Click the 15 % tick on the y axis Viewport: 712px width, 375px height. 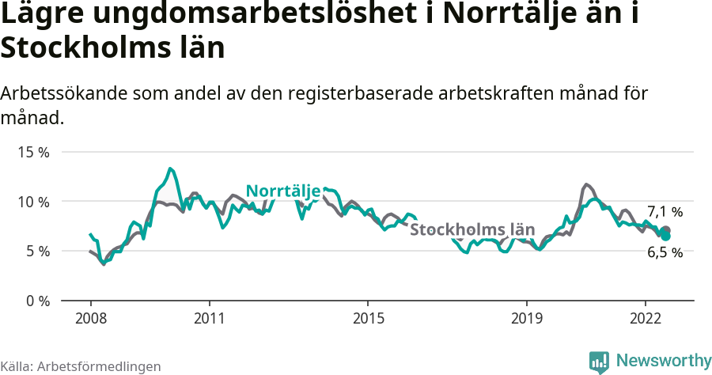coord(33,152)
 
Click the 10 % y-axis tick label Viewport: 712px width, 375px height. coord(33,202)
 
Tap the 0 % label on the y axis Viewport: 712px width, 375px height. coord(36,301)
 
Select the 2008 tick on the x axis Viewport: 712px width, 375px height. coord(90,318)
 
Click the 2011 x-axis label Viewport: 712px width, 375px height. coord(209,318)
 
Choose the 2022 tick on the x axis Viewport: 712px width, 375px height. coord(646,318)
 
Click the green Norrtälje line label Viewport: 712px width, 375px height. coord(283,191)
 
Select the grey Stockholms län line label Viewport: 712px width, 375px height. coord(472,230)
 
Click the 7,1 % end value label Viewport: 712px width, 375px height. coord(665,212)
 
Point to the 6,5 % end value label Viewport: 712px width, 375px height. coord(665,253)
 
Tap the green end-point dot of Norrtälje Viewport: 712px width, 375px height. coord(666,236)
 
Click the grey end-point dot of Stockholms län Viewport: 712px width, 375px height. coord(665,230)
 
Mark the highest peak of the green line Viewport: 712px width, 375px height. coord(170,169)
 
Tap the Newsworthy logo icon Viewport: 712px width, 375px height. coord(599,362)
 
